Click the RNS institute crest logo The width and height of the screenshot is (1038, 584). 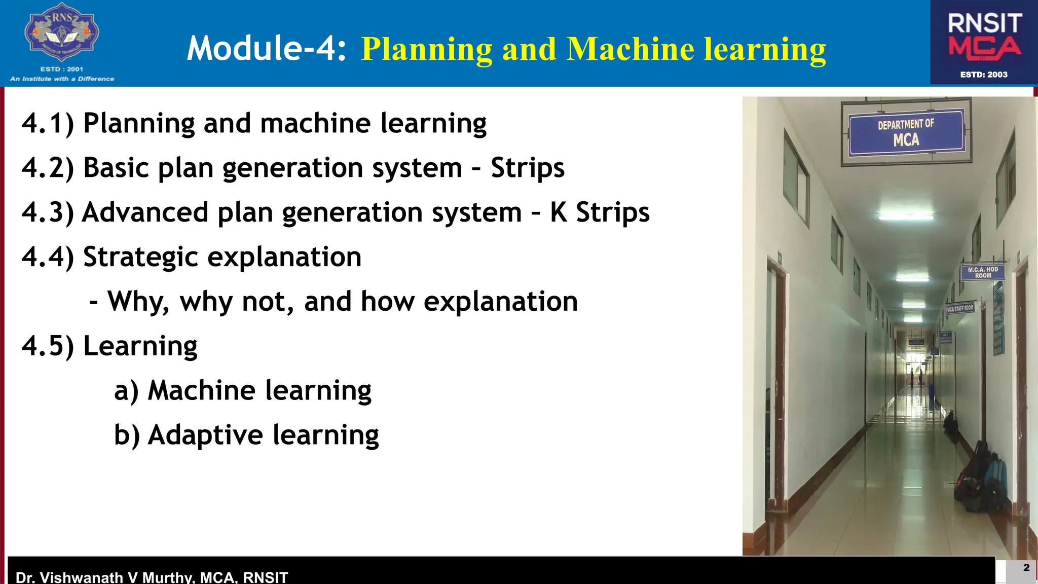coord(62,33)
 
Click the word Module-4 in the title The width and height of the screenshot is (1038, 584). coord(267,49)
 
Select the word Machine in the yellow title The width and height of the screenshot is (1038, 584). coord(631,49)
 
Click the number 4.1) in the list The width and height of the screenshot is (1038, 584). coord(48,123)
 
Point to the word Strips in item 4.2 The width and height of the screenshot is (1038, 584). coord(527,168)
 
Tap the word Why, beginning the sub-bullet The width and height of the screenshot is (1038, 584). coord(138,302)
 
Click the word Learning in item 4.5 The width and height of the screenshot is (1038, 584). coord(140,346)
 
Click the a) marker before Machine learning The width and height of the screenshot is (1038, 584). coord(126,391)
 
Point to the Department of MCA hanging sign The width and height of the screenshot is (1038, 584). coord(906,132)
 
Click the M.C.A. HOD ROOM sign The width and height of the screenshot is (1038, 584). coord(982,273)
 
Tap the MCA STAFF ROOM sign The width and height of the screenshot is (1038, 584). coord(959,308)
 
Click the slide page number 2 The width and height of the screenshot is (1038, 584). coord(1026,568)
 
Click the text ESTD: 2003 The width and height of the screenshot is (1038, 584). coord(983,75)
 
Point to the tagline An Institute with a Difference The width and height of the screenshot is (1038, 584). coord(62,79)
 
